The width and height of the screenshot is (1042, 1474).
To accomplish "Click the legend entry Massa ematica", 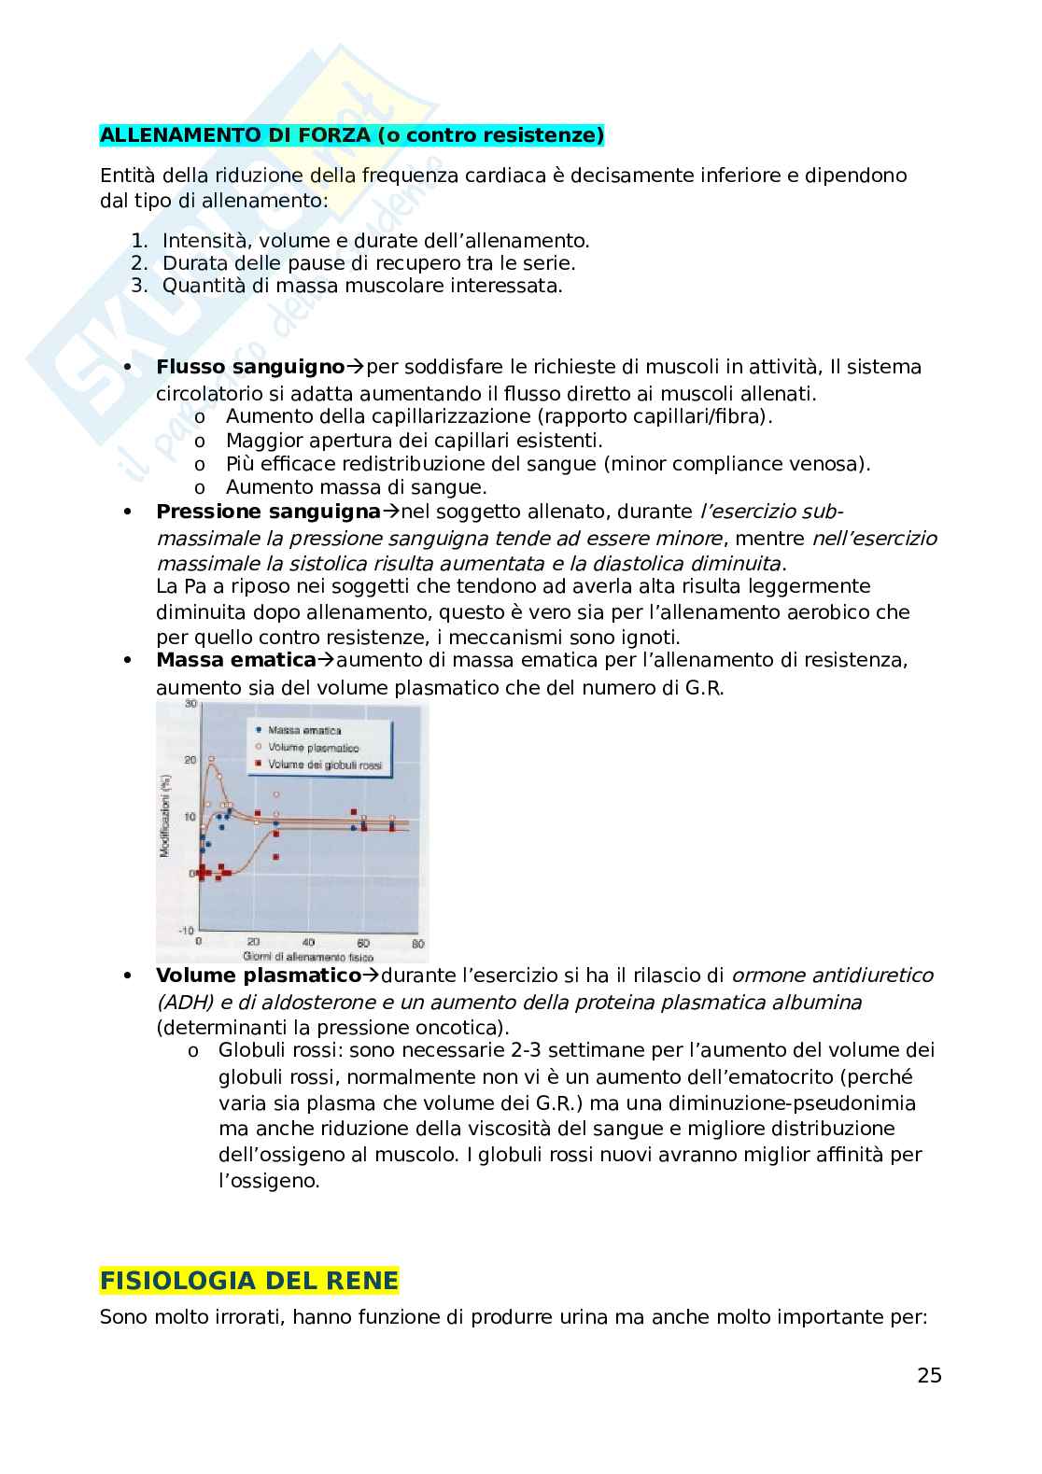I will [x=304, y=730].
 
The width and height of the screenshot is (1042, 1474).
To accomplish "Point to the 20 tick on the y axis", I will [x=190, y=760].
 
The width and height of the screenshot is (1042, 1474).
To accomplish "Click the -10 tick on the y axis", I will [x=187, y=931].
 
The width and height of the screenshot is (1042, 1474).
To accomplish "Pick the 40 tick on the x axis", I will [x=308, y=943].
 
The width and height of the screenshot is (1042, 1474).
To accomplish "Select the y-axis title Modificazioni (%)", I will [x=165, y=816].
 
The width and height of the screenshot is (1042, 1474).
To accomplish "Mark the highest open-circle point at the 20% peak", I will [x=212, y=759].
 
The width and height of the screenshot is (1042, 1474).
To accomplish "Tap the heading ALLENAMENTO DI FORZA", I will [x=351, y=135].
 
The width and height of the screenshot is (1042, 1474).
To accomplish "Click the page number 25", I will [x=929, y=1375].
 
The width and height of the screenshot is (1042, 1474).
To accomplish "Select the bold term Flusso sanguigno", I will [x=250, y=367].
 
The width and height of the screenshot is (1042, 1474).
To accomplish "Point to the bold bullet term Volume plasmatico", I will [x=258, y=976].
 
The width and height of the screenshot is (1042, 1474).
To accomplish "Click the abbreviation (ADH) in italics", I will [x=182, y=1002].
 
